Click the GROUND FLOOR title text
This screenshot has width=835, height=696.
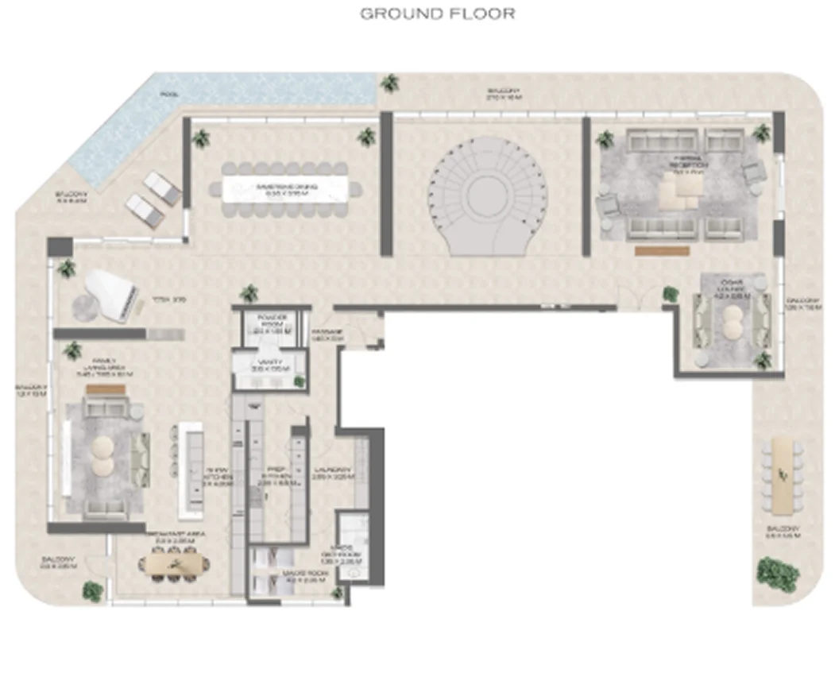438,14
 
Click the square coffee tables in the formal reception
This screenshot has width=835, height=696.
681,188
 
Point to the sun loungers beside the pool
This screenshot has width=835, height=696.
153,199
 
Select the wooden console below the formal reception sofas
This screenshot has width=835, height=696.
661,250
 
